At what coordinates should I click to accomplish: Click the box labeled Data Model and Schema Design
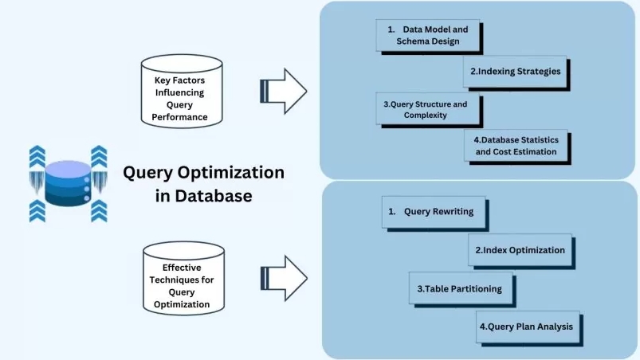(x=428, y=35)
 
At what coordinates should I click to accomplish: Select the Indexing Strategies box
(x=514, y=71)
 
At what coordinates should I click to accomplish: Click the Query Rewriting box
(x=434, y=213)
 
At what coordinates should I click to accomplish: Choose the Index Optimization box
(x=520, y=250)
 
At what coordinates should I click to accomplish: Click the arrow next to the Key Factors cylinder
(x=283, y=91)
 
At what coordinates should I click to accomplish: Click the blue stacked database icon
(x=69, y=183)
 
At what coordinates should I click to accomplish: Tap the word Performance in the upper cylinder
(x=180, y=117)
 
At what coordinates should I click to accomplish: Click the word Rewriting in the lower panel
(x=450, y=213)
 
